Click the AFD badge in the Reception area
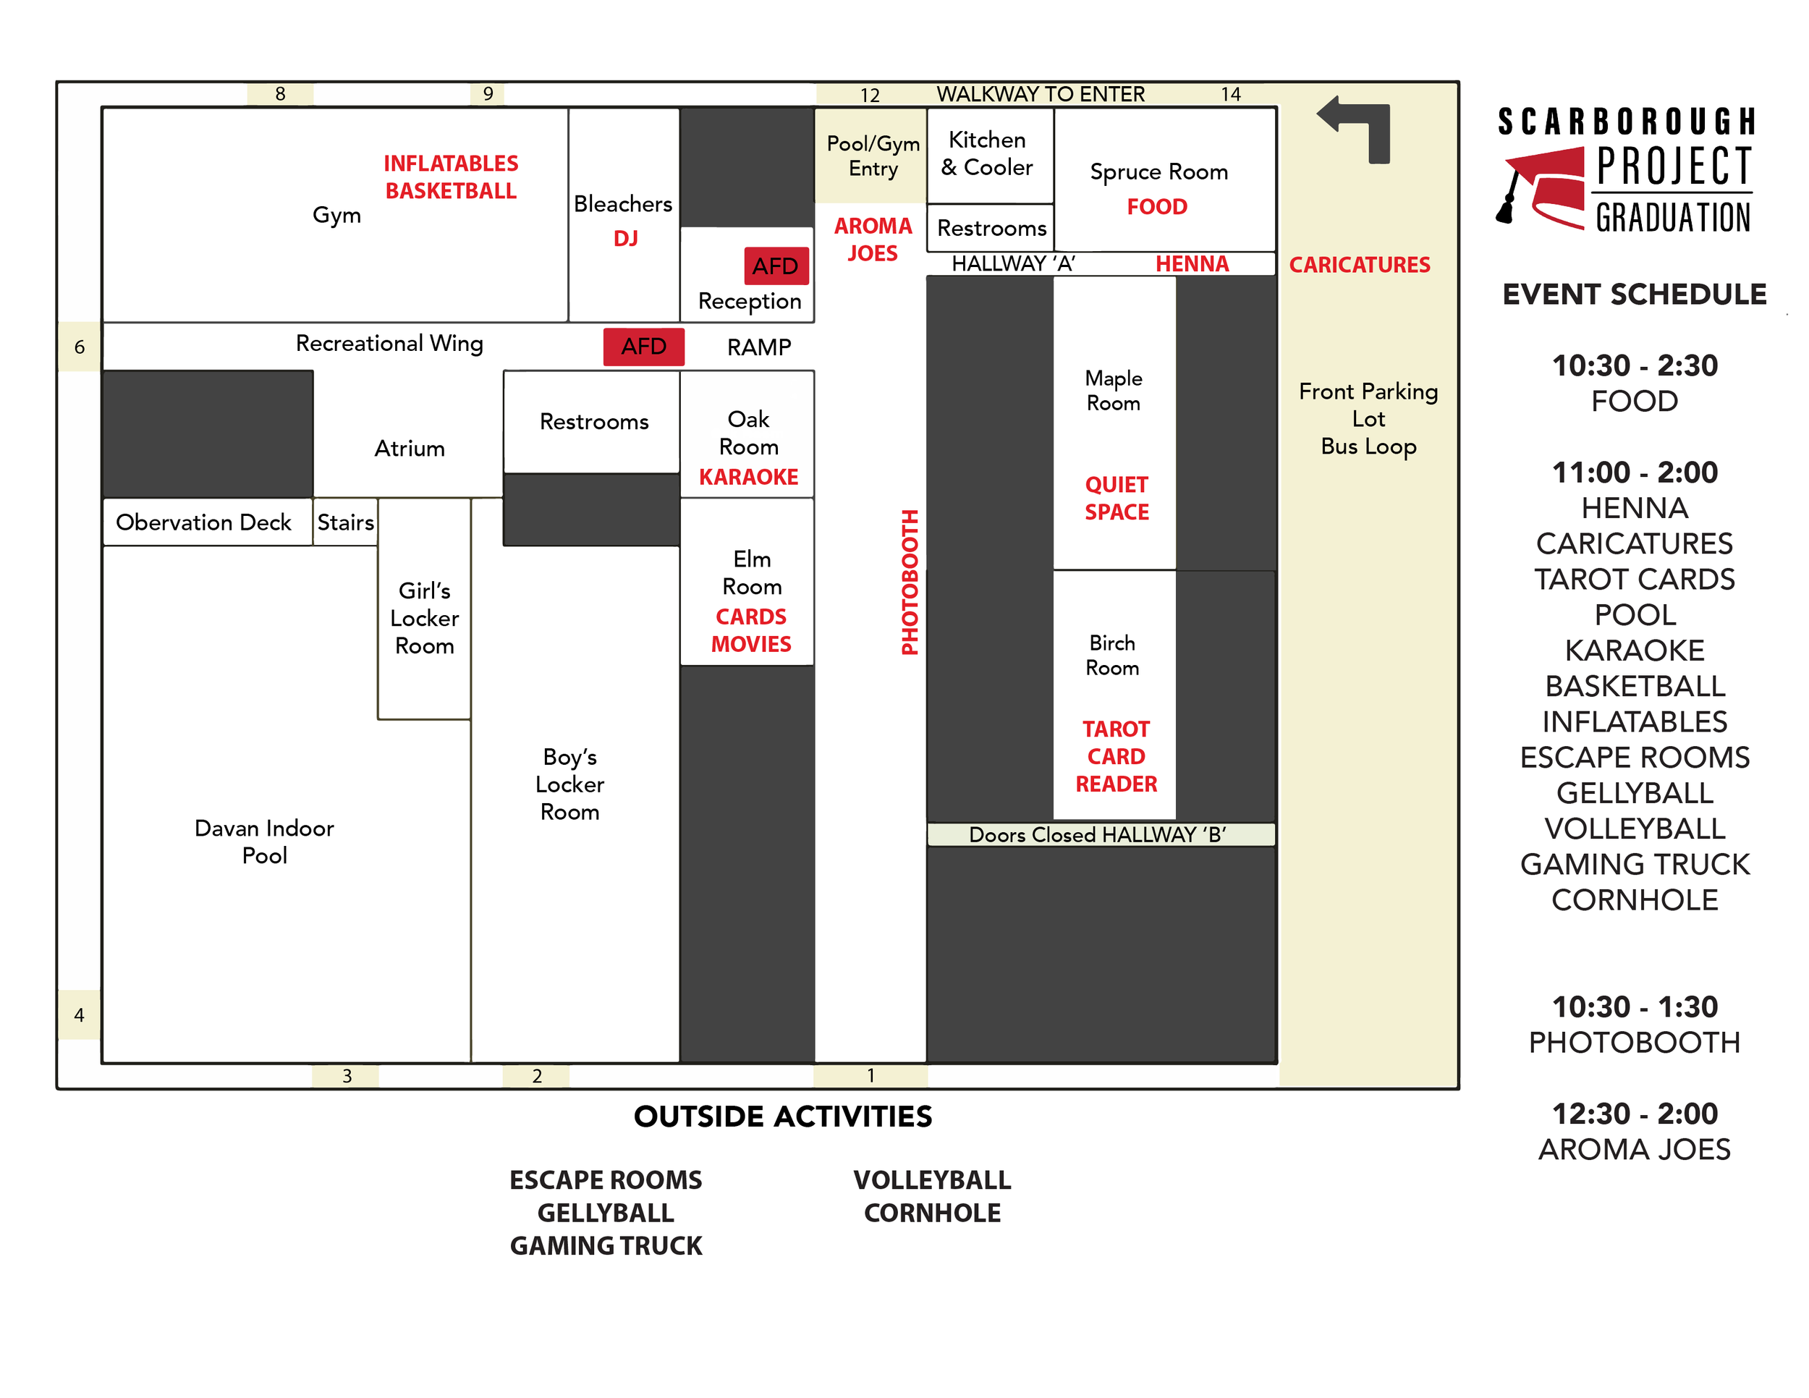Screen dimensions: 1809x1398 tap(775, 266)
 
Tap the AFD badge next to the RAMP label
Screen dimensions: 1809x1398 tap(643, 346)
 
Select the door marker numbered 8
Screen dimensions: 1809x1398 tap(280, 94)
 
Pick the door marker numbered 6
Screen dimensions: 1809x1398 tap(80, 347)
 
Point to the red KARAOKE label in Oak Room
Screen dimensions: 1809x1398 tap(748, 477)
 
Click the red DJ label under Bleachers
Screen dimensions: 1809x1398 tap(625, 239)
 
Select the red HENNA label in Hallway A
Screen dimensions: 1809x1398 tap(1191, 264)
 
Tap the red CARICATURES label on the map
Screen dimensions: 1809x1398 tap(1358, 265)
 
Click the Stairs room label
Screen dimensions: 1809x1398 tap(345, 522)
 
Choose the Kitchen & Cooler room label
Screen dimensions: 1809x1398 tap(986, 154)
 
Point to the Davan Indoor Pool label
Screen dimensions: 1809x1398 tap(264, 842)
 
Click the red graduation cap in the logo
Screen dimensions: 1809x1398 tap(1541, 187)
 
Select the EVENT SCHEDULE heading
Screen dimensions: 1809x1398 tap(1633, 295)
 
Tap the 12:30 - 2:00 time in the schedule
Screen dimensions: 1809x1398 tap(1633, 1114)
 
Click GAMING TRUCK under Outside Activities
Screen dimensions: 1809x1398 tap(606, 1245)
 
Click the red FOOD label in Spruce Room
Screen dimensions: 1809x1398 tap(1156, 207)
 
